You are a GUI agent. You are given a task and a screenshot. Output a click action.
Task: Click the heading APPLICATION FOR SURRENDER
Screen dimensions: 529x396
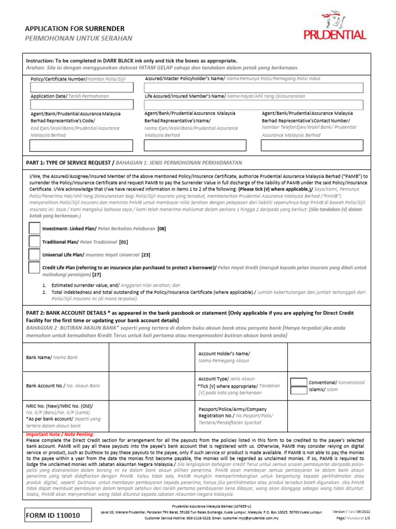75,28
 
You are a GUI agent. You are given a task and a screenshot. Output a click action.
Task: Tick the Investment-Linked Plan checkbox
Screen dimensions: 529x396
34,228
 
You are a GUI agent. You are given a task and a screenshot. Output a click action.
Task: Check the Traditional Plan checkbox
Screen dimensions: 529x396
34,241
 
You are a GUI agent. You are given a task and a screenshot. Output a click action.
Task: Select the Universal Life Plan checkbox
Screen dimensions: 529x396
34,254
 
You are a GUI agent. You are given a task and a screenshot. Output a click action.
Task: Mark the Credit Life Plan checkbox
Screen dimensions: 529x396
34,268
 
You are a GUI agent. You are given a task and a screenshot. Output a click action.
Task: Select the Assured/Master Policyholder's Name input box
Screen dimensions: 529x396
254,88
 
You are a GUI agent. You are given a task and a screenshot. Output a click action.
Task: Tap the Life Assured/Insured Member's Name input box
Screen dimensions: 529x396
254,105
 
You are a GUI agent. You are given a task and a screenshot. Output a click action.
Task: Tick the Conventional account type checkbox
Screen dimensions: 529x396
299,382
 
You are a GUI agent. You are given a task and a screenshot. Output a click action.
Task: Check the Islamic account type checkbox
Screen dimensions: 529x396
299,390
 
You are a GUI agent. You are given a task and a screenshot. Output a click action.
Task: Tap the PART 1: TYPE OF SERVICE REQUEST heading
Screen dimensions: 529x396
70,162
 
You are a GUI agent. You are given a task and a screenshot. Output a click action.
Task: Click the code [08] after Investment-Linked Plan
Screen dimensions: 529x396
161,228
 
